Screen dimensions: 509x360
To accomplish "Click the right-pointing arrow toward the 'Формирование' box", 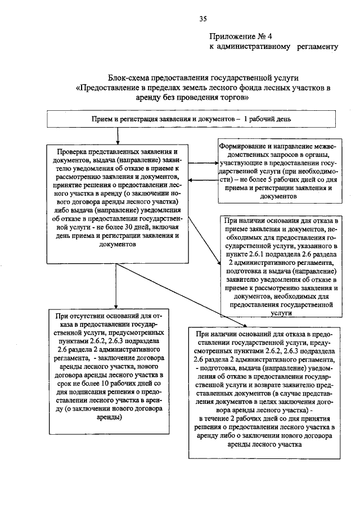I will click(213, 164).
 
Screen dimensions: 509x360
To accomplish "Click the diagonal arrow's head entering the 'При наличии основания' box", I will click(218, 263).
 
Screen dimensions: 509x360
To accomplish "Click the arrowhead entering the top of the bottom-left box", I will click(118, 305).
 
